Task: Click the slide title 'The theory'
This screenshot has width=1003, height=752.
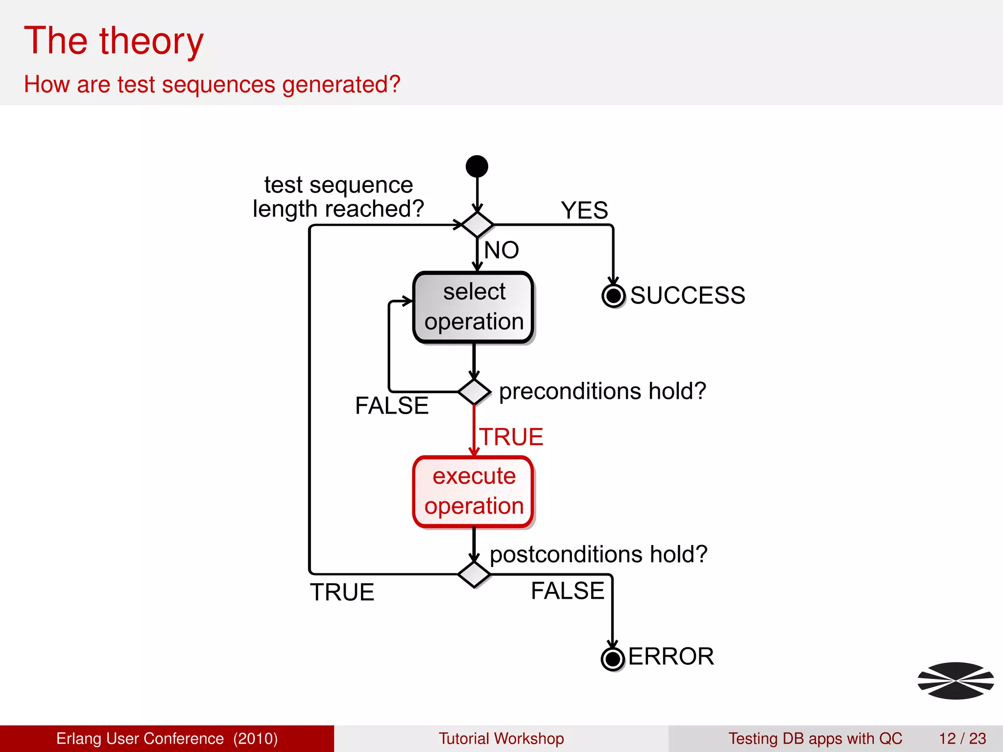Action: pos(114,41)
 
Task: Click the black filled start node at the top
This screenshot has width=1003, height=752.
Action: pos(477,166)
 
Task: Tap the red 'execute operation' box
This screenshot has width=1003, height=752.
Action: pos(474,492)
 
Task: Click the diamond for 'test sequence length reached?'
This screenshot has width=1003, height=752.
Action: pos(478,225)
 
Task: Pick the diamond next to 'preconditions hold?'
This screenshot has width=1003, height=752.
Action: pos(474,392)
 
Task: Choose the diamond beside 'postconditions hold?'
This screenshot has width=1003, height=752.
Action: pos(474,574)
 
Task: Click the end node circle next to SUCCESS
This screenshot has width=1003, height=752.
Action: pos(613,296)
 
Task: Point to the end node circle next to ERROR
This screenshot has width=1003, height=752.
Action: pos(612,659)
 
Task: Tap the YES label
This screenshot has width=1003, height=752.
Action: pos(584,211)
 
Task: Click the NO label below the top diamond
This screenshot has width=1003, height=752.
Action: pos(501,250)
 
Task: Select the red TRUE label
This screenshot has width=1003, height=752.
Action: pos(511,437)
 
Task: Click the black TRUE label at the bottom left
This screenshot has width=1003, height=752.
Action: pos(342,592)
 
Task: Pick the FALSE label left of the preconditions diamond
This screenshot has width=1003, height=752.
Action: pos(392,406)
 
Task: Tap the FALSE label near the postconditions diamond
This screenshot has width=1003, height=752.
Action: pos(568,591)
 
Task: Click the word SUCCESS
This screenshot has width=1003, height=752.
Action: pos(688,296)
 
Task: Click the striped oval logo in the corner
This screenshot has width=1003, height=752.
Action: pos(955,681)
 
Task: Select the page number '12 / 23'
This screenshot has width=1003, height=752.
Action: pos(962,738)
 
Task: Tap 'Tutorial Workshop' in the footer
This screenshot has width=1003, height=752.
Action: pos(501,738)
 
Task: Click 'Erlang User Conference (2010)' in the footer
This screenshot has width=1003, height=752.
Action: pos(167,738)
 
